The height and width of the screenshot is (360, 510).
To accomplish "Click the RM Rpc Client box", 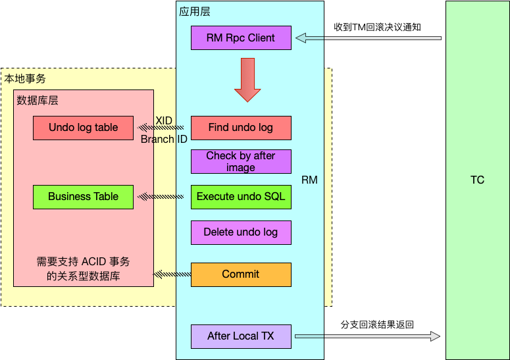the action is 241,38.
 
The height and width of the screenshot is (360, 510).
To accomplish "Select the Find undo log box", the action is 241,128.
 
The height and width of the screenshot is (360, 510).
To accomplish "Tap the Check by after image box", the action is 241,162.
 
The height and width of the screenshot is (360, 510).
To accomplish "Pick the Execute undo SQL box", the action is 241,197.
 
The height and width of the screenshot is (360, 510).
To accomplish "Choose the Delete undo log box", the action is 241,232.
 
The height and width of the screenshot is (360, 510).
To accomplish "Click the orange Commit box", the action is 241,275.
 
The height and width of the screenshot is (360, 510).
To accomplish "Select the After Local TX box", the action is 241,336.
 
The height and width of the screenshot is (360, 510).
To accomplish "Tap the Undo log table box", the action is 84,128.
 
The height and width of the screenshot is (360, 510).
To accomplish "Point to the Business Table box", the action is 84,197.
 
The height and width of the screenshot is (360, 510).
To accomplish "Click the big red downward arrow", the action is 247,80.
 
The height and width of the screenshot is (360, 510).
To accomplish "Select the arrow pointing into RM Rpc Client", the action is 369,38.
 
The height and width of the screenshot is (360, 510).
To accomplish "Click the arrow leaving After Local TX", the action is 368,336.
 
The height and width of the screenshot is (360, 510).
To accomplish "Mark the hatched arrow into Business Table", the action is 161,196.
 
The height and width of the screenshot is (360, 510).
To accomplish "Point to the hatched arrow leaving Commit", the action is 172,274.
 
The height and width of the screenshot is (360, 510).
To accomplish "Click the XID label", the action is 164,120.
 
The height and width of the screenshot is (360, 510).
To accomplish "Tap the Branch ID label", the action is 164,139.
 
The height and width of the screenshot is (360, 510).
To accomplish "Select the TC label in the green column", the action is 478,180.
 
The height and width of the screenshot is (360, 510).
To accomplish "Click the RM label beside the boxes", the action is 309,180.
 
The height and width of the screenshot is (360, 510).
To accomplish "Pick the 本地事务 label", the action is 25,79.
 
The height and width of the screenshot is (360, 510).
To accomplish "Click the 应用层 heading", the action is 195,12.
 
